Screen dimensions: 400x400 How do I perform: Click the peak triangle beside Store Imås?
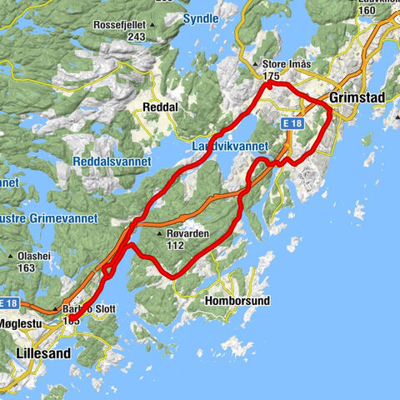pos(256,64)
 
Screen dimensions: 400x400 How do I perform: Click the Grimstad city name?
pos(357,97)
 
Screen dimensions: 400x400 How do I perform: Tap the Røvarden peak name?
pos(187,234)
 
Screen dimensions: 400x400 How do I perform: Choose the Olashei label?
pos(33,256)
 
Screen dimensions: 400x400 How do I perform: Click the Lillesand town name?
pos(43,353)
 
